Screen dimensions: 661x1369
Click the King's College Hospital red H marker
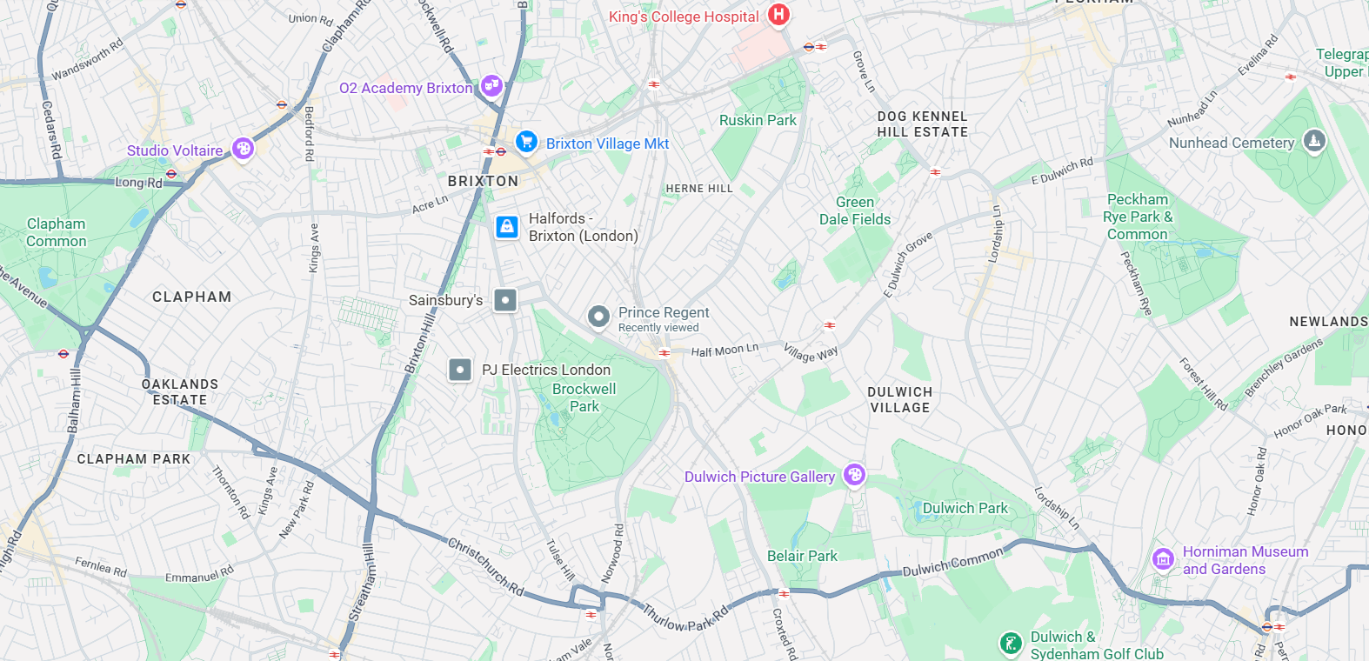pyautogui.click(x=778, y=15)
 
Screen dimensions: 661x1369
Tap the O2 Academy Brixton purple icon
pyautogui.click(x=491, y=86)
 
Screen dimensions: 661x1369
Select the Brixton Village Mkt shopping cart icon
pyautogui.click(x=526, y=141)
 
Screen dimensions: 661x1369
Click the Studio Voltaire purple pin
pyautogui.click(x=243, y=149)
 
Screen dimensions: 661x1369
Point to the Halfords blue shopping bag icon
pyautogui.click(x=507, y=227)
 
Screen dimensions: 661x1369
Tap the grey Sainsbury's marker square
pyautogui.click(x=505, y=300)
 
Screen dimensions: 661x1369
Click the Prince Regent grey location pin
pyautogui.click(x=598, y=317)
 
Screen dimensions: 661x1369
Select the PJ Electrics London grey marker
pyautogui.click(x=460, y=370)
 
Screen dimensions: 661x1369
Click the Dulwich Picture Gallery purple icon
pyautogui.click(x=854, y=475)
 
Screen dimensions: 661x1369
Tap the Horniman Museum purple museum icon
pyautogui.click(x=1163, y=559)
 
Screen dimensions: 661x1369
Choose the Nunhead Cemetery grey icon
pyautogui.click(x=1314, y=140)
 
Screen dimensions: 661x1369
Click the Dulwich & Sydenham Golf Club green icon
pyautogui.click(x=1010, y=644)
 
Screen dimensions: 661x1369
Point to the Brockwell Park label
pyautogui.click(x=584, y=397)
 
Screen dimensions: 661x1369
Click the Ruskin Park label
pyautogui.click(x=758, y=120)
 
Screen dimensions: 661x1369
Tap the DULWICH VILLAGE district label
pyautogui.click(x=899, y=399)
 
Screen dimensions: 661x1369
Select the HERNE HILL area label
pyautogui.click(x=699, y=188)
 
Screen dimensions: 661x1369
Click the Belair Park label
pyautogui.click(x=802, y=556)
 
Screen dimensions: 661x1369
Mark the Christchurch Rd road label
pyautogui.click(x=485, y=566)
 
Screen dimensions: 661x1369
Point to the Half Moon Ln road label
pyautogui.click(x=725, y=350)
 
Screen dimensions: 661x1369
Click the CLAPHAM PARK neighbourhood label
pyautogui.click(x=133, y=458)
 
